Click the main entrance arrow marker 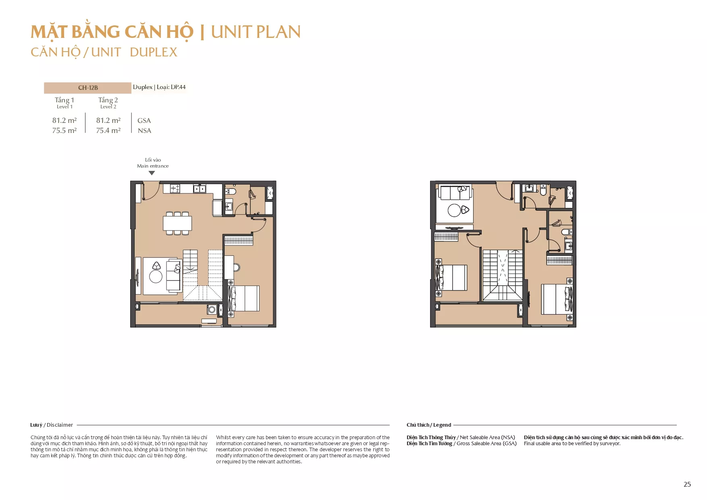click(152, 173)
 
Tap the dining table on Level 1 click(177, 223)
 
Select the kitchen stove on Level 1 click(175, 188)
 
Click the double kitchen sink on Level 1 click(200, 189)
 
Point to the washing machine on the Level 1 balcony click(212, 309)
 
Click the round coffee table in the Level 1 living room click(156, 277)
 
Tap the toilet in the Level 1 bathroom click(231, 191)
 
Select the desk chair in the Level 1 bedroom click(237, 267)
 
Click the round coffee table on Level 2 click(454, 210)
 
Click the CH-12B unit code click(88, 87)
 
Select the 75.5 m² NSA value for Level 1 click(64, 131)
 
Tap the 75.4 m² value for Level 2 click(108, 131)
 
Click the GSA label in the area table click(144, 120)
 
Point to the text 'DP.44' click(178, 87)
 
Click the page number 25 click(687, 484)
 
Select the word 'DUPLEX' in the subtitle click(154, 52)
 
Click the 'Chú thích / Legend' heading click(429, 425)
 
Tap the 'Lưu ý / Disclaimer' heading click(52, 425)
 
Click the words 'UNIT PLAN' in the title click(256, 32)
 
